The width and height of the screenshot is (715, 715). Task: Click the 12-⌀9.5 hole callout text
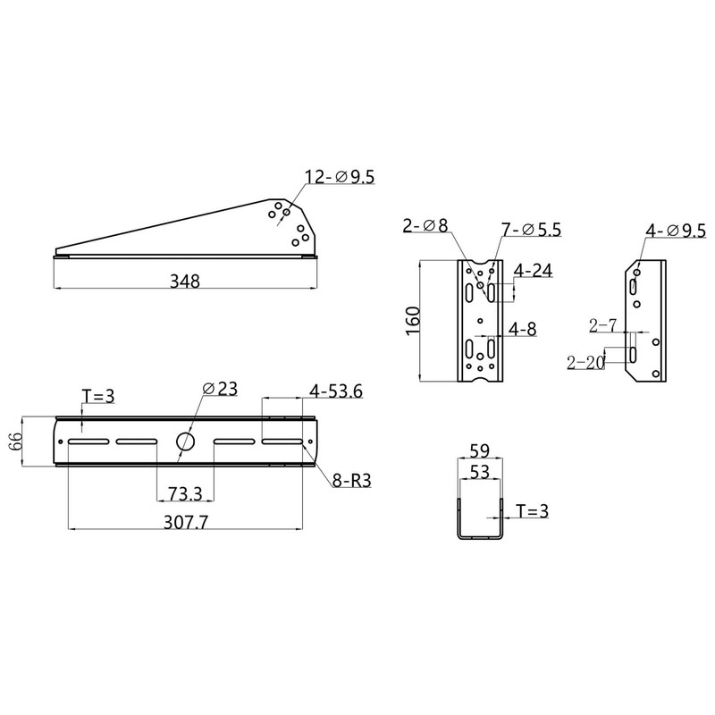339,178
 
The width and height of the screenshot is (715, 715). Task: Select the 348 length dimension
185,281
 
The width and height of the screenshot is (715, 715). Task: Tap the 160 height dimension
412,321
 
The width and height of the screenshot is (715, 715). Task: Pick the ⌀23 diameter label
220,388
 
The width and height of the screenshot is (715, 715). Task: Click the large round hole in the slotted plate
185,442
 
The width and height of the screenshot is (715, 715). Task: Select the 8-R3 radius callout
351,481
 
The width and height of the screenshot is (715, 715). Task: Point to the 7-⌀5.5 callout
531,230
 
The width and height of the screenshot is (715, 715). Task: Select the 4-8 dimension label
524,329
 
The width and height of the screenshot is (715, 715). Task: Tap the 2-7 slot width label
603,325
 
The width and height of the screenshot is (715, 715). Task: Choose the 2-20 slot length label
585,362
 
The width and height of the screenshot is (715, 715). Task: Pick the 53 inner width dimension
479,473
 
